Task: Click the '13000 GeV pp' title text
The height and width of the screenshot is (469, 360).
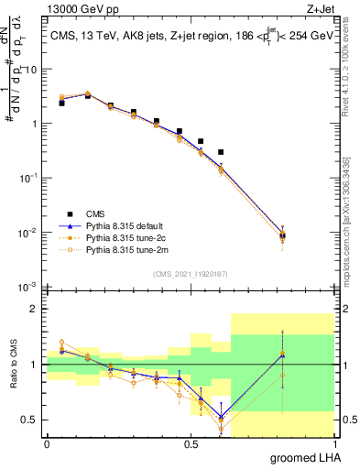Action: [x=80, y=8]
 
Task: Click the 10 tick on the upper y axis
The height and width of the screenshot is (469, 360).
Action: [x=28, y=70]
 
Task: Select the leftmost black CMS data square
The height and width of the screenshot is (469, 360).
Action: [x=61, y=104]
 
